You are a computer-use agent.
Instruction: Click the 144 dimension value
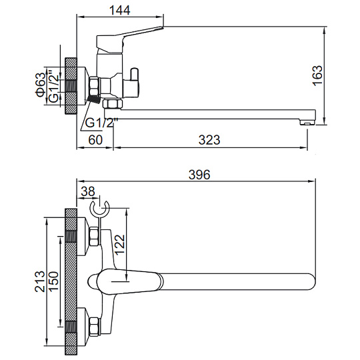point(119,10)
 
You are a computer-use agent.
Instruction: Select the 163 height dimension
point(318,75)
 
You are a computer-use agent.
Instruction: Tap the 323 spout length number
point(209,139)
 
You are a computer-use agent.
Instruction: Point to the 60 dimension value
point(95,139)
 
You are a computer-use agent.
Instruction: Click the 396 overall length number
point(199,175)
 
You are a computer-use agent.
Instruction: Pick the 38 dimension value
point(88,191)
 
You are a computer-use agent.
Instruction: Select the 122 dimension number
point(120,245)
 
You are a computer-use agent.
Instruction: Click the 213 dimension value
point(40,281)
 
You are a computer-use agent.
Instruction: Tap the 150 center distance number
point(53,281)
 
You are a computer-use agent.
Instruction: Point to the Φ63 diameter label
point(41,85)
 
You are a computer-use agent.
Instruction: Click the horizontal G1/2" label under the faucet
point(101,123)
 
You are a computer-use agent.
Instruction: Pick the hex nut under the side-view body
point(113,104)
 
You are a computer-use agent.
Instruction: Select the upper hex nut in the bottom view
point(95,237)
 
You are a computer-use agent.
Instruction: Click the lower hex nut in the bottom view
point(95,327)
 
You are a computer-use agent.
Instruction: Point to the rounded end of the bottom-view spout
point(311,281)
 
